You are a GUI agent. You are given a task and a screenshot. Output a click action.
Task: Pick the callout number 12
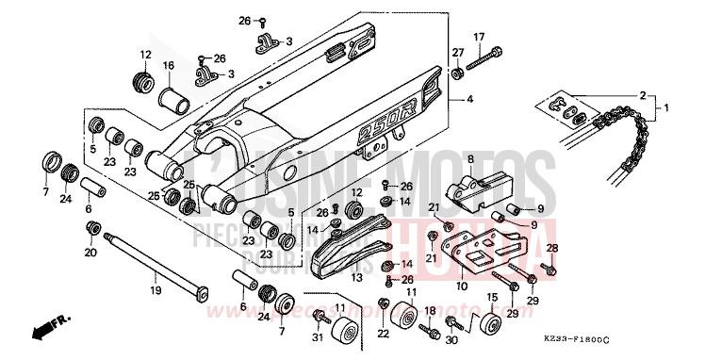click(x=146, y=54)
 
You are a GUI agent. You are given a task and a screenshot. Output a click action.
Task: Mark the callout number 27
click(x=457, y=52)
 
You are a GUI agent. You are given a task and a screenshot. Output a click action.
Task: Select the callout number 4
click(x=470, y=98)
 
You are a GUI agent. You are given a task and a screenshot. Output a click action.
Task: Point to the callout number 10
click(x=462, y=286)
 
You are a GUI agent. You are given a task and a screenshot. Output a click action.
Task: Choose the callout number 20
click(x=91, y=253)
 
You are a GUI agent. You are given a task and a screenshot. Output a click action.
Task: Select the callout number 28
click(x=552, y=249)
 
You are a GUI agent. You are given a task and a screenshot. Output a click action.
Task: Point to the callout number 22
click(x=384, y=335)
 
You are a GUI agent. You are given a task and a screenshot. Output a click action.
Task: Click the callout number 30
click(x=451, y=340)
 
